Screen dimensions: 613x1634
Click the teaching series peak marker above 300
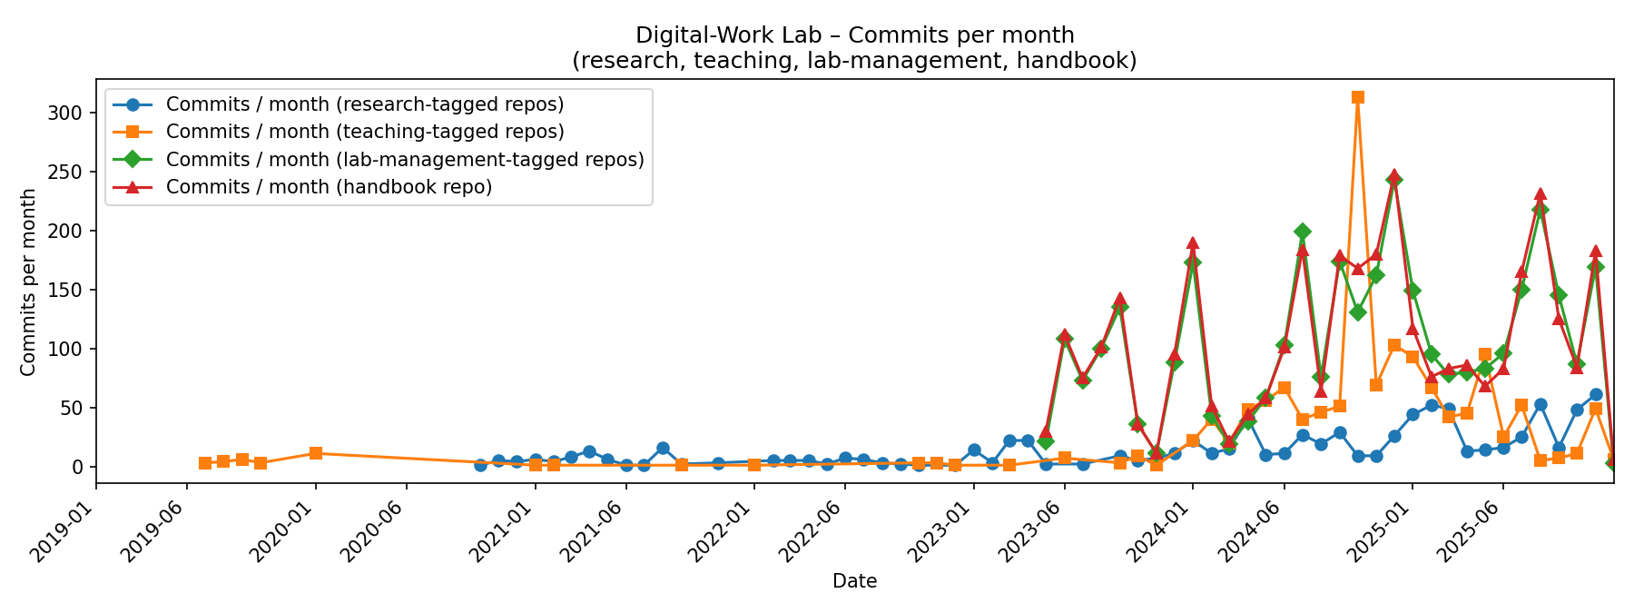[x=1358, y=97]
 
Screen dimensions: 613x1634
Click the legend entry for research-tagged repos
[x=365, y=104]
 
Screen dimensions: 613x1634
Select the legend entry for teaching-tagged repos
[x=365, y=132]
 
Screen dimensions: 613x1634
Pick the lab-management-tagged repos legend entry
[x=405, y=160]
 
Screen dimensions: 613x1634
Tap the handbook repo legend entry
[x=329, y=187]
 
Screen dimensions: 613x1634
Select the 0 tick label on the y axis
[x=78, y=468]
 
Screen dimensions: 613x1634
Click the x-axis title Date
[x=854, y=582]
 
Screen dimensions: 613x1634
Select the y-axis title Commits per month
[x=28, y=282]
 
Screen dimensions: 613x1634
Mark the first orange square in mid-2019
[x=205, y=463]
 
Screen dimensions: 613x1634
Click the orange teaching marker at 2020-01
[x=316, y=453]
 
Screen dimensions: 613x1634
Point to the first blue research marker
[x=480, y=464]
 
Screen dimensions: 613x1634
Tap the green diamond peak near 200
[x=1303, y=232]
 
